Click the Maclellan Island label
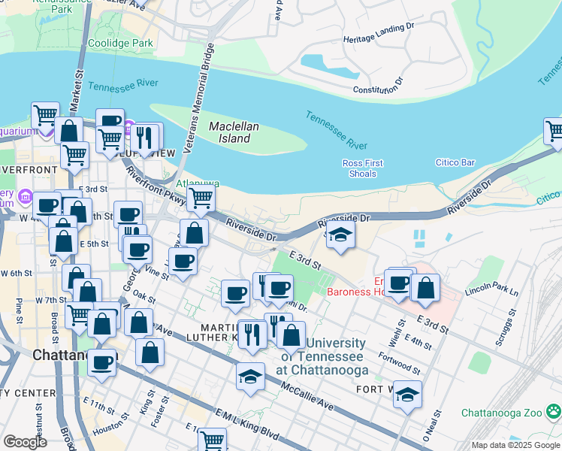click(x=229, y=132)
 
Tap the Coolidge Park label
click(x=121, y=44)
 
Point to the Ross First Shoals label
click(x=363, y=168)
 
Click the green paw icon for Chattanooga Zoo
click(x=554, y=411)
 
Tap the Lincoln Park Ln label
click(x=491, y=291)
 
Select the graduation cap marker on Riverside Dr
click(x=340, y=234)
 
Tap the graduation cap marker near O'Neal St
click(x=406, y=394)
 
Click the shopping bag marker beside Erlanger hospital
click(x=425, y=287)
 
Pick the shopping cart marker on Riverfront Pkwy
click(x=201, y=199)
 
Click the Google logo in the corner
click(x=26, y=442)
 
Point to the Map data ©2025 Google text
click(x=516, y=445)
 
